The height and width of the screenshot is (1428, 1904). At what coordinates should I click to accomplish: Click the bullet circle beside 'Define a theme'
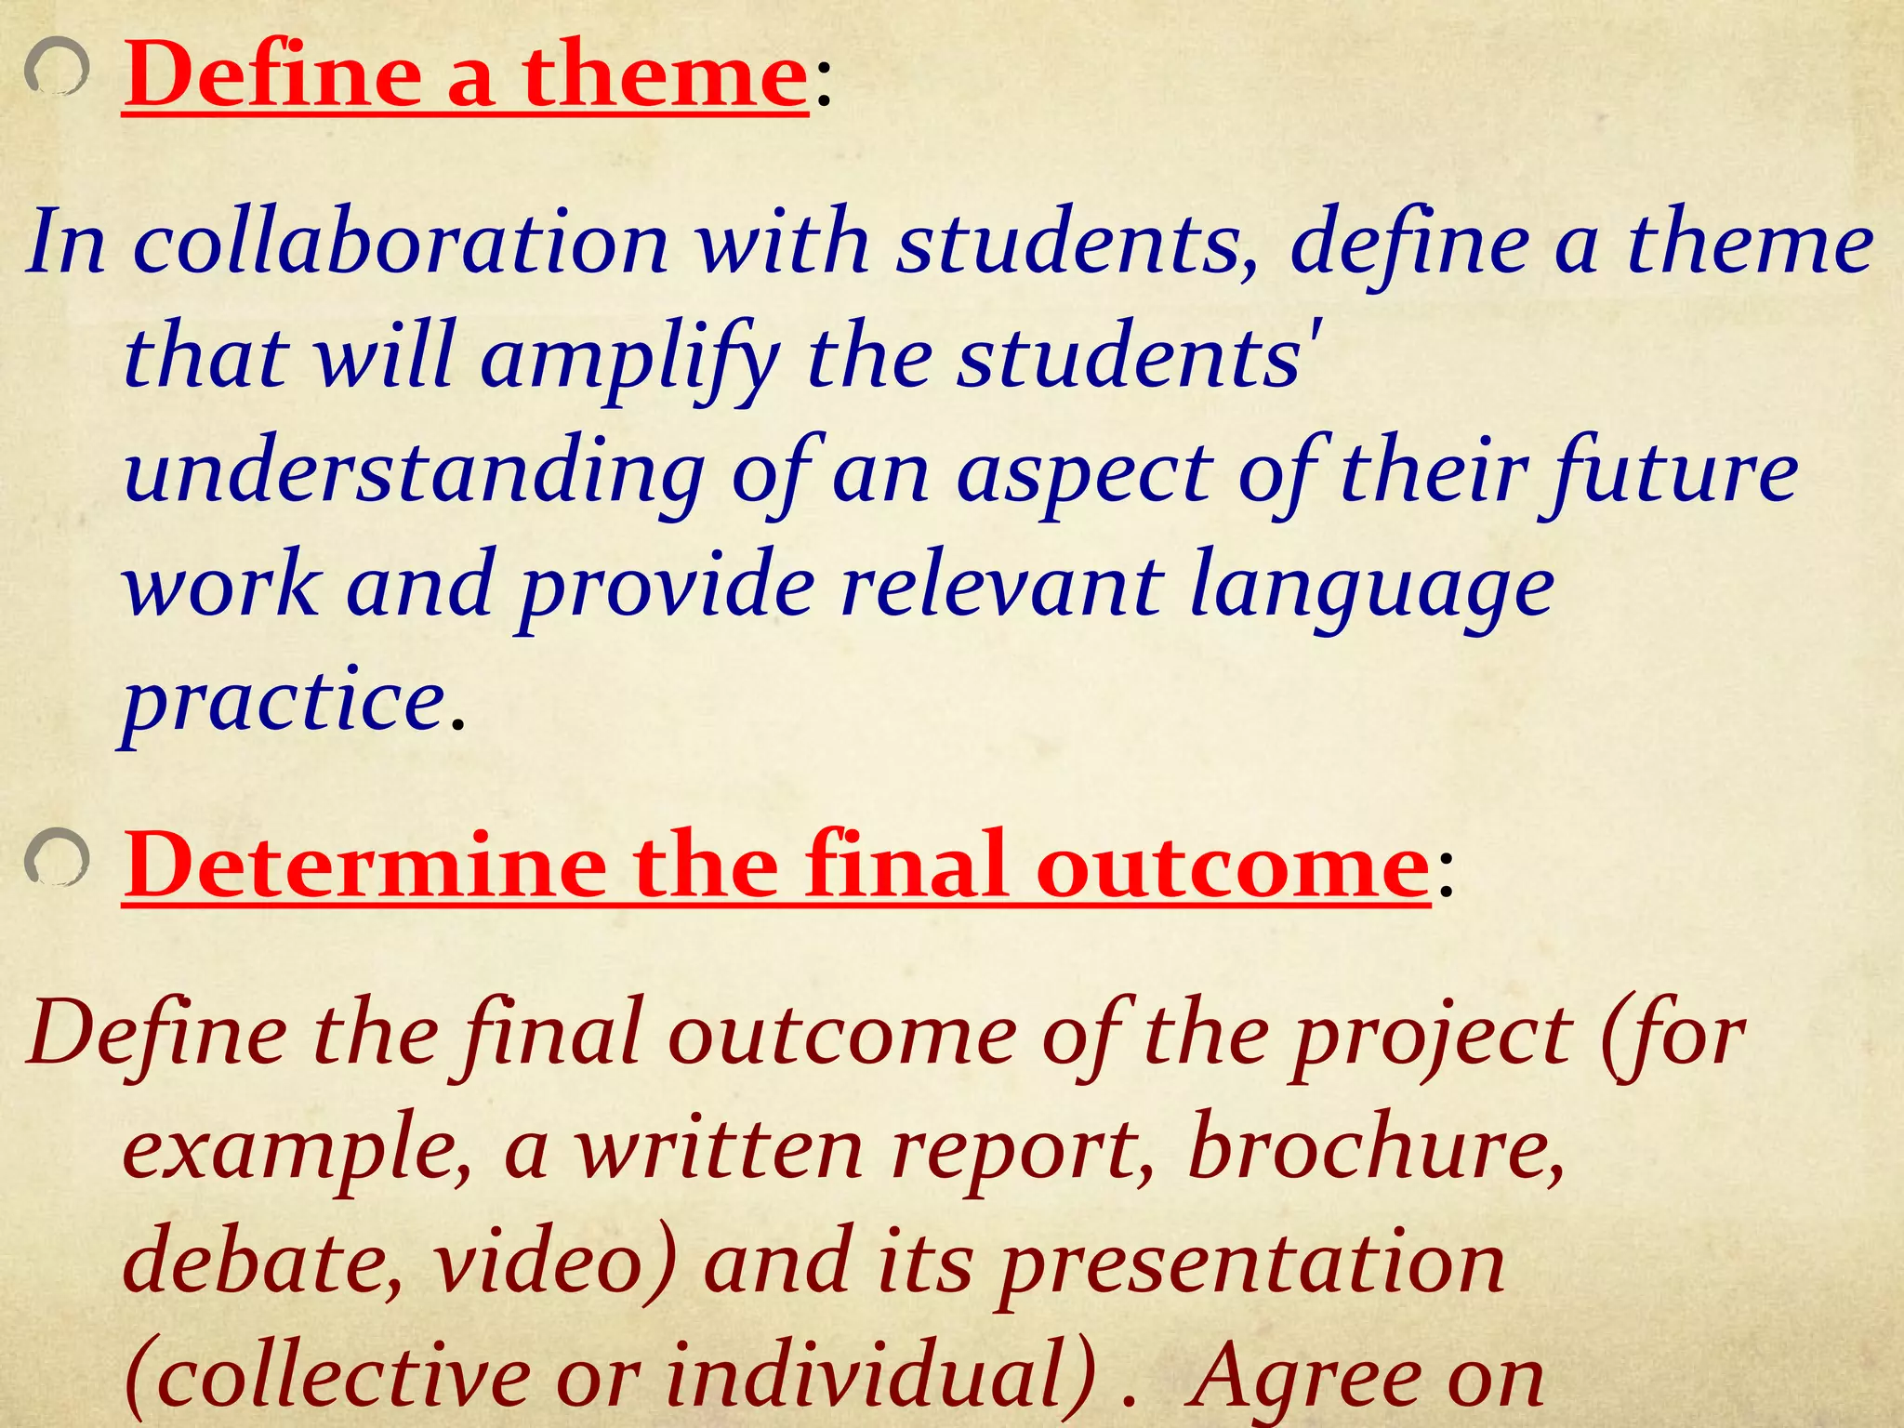click(56, 71)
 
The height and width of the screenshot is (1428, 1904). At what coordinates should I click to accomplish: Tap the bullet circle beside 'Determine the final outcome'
click(57, 856)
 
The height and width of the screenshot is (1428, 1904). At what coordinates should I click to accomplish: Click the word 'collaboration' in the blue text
click(401, 244)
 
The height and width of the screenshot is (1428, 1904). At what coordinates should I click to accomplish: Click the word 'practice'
click(283, 702)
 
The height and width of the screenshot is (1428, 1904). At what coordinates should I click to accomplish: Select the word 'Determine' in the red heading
click(364, 864)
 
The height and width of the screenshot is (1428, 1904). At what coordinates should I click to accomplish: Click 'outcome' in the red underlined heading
click(1232, 866)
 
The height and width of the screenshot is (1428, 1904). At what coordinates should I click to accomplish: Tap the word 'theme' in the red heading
click(664, 76)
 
